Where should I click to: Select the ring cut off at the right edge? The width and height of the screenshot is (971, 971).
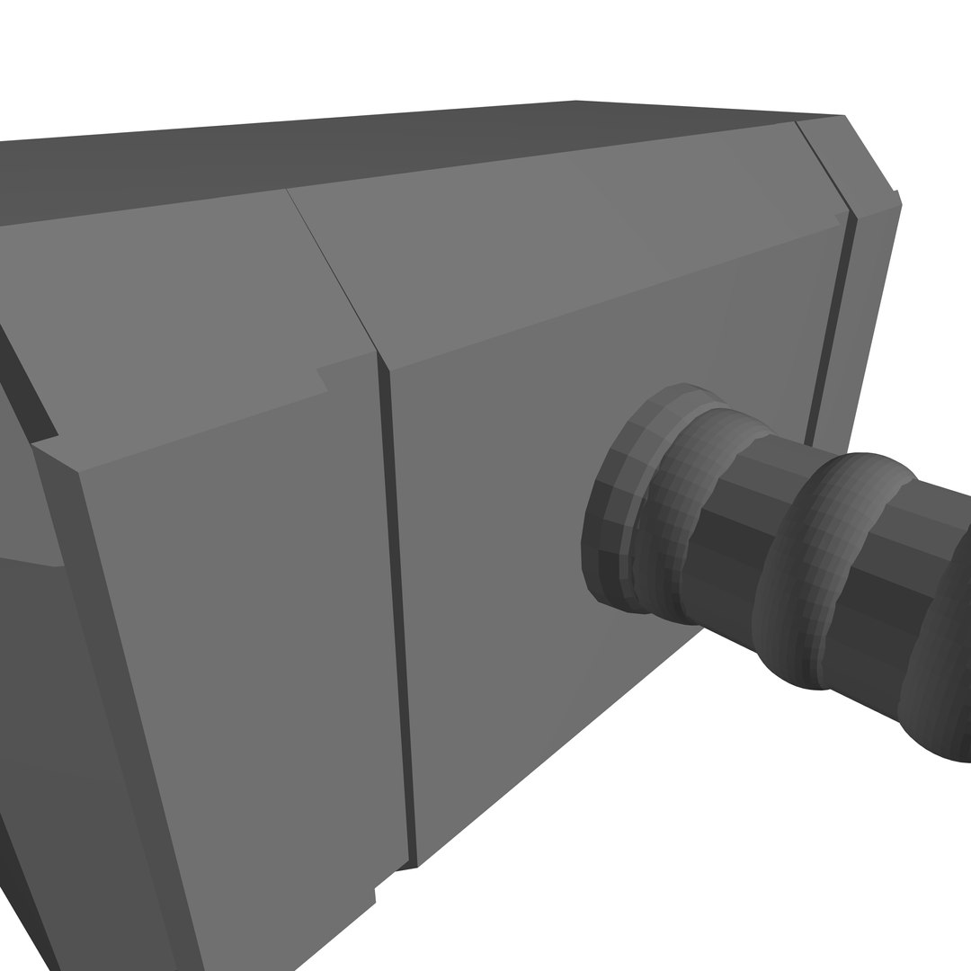[940, 665]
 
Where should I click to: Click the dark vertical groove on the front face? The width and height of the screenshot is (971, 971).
[400, 611]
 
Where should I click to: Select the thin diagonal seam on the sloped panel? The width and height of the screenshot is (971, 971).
[333, 270]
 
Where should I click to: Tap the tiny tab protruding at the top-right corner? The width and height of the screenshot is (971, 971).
[896, 196]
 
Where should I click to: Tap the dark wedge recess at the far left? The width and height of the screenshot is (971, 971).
[27, 387]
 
